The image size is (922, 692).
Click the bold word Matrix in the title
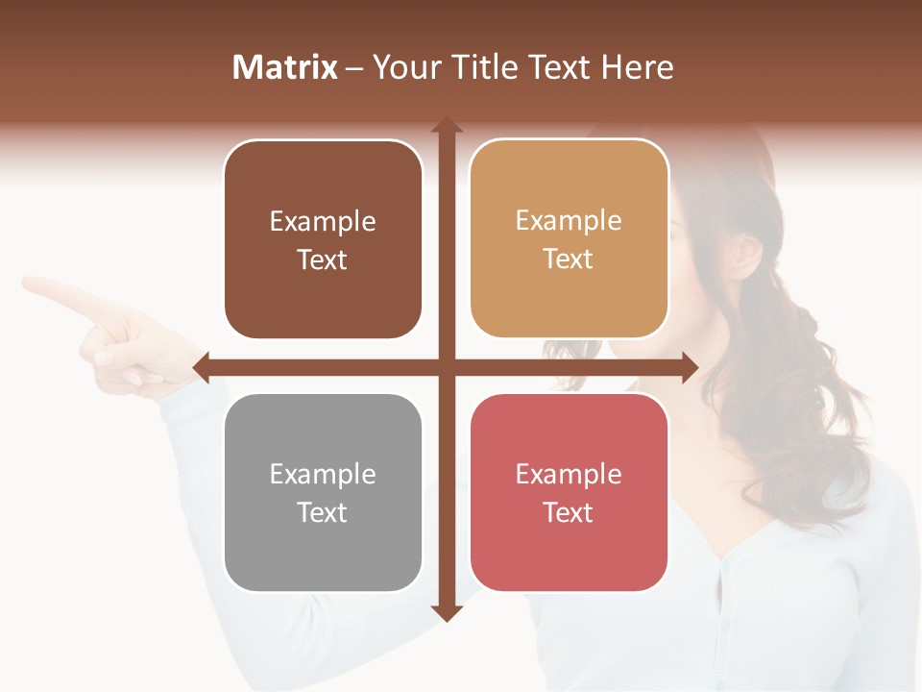pyautogui.click(x=285, y=67)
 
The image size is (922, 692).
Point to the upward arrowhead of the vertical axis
pyautogui.click(x=447, y=126)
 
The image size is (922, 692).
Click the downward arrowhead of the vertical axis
pyautogui.click(x=447, y=612)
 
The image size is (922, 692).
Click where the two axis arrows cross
pyautogui.click(x=447, y=367)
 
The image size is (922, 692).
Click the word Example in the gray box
pyautogui.click(x=323, y=474)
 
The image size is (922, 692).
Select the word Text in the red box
pyautogui.click(x=569, y=512)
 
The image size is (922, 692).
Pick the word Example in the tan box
pyautogui.click(x=569, y=220)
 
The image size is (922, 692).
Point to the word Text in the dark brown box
pyautogui.click(x=323, y=259)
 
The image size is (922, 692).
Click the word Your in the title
pyautogui.click(x=404, y=67)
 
